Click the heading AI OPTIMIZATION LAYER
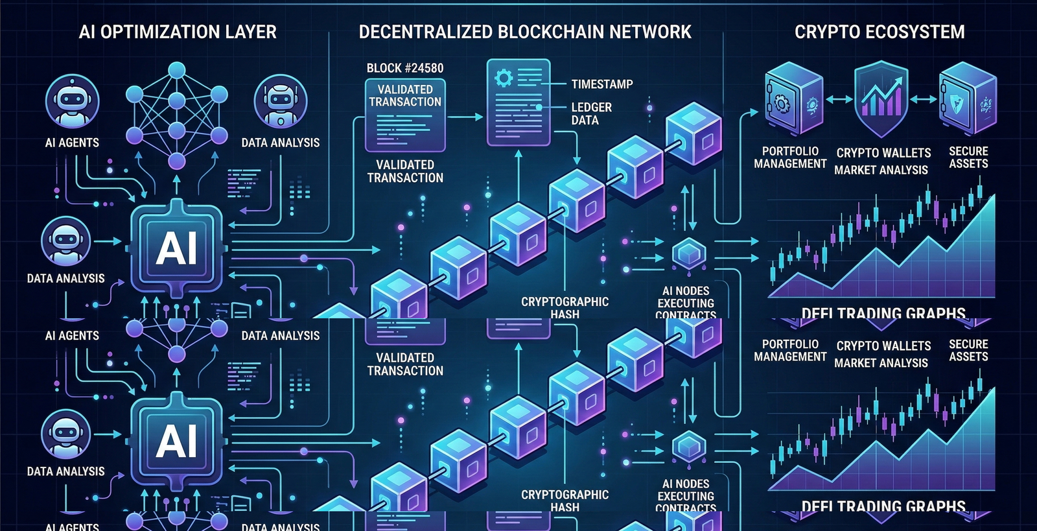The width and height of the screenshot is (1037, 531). (178, 32)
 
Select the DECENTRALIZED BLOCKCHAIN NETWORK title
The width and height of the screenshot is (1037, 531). (525, 32)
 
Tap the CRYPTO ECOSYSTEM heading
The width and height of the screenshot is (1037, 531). (880, 32)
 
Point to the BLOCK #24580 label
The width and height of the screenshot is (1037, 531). (405, 68)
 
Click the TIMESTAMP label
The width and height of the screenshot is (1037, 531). (602, 84)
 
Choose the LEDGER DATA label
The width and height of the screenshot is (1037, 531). (590, 113)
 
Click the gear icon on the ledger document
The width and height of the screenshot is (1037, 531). (504, 78)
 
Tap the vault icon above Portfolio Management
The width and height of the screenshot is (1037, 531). (793, 100)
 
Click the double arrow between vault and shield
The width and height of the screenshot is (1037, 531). (839, 100)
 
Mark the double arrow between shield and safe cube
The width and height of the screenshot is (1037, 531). (924, 100)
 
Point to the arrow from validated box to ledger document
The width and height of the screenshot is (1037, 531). (465, 117)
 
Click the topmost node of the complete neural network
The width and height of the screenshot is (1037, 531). (177, 70)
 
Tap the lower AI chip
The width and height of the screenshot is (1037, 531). (177, 441)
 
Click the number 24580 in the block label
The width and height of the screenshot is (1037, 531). (423, 68)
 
